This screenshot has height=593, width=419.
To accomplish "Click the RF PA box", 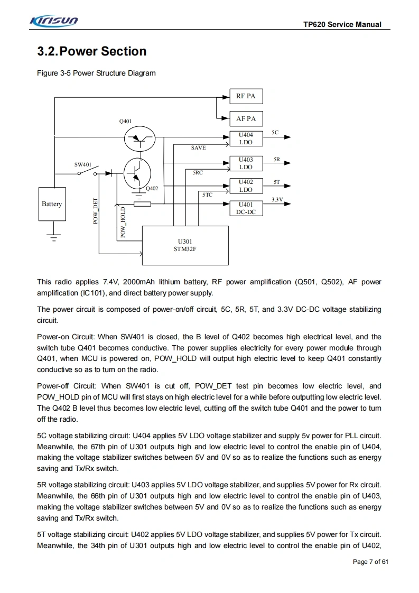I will coord(246,96).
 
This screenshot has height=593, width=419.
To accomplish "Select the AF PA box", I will coord(246,119).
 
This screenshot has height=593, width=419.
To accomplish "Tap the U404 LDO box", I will coord(246,138).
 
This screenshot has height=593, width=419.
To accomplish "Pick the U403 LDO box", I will coord(246,163).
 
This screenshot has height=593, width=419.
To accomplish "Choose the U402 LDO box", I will coord(246,186).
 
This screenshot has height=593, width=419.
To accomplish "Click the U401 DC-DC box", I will coord(246,208).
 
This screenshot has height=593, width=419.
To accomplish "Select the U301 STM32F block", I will coord(185,245).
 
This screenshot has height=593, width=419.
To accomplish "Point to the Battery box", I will coord(52,204).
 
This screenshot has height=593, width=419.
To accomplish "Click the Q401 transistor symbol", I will coord(139,139).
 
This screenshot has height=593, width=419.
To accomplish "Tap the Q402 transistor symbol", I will coord(137,172).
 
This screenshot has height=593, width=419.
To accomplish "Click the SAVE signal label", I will coord(199,148).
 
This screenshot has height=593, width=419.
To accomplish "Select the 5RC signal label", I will coord(198,172).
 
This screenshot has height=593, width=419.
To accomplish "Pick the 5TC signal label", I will coord(208,195).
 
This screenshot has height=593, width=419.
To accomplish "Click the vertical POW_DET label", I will coord(96,211).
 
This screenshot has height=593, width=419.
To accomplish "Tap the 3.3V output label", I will coord(277,199).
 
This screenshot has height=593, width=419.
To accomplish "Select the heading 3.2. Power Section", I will coord(92,51).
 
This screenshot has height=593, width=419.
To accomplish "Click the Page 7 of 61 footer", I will coord(370,562).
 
